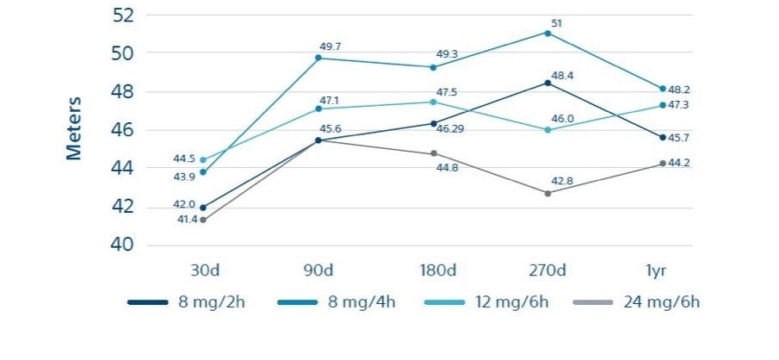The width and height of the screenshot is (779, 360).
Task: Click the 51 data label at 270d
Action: click(556, 23)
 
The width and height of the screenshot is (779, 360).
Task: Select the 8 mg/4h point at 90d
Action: click(318, 58)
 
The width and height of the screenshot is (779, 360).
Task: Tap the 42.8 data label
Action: click(562, 181)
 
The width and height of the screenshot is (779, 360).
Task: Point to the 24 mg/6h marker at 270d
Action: click(547, 193)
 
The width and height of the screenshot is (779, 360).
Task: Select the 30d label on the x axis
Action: click(204, 270)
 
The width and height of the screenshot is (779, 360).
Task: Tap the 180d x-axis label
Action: click(433, 270)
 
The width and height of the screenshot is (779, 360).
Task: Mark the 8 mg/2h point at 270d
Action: click(547, 83)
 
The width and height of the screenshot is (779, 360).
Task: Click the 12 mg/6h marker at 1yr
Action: click(662, 105)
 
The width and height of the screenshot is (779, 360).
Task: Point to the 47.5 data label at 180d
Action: click(447, 92)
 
